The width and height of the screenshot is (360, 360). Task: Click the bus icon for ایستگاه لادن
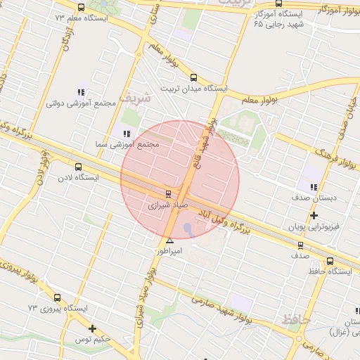[78, 167]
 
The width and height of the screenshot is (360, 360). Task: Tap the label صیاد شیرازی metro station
[167, 207]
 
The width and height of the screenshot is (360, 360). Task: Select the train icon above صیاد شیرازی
[167, 193]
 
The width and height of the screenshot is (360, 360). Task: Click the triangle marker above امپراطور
[169, 241]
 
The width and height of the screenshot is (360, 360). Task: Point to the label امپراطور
[169, 251]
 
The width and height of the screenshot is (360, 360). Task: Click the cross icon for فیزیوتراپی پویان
[314, 215]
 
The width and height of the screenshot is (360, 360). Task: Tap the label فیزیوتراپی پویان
[314, 228]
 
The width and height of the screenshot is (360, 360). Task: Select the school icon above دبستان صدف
[313, 187]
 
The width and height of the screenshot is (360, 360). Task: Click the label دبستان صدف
[316, 199]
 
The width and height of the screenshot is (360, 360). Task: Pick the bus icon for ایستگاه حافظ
[302, 245]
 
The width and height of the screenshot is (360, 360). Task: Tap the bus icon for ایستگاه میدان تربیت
[194, 79]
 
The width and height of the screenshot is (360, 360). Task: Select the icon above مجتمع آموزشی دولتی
[81, 91]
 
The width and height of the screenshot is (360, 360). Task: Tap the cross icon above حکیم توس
[93, 328]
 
